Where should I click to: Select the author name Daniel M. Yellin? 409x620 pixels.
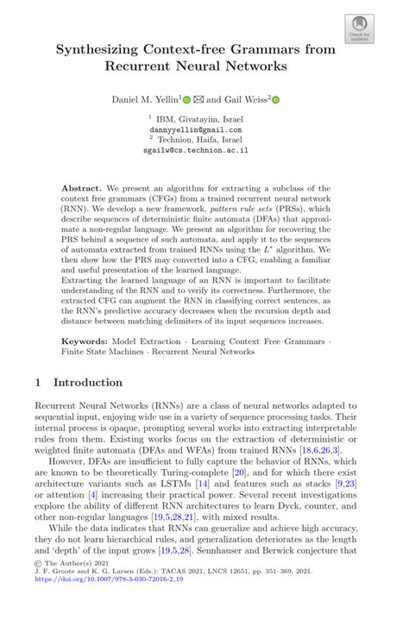144,99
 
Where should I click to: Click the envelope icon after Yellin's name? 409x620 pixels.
198,100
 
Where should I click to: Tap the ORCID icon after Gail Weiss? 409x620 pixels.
276,100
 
